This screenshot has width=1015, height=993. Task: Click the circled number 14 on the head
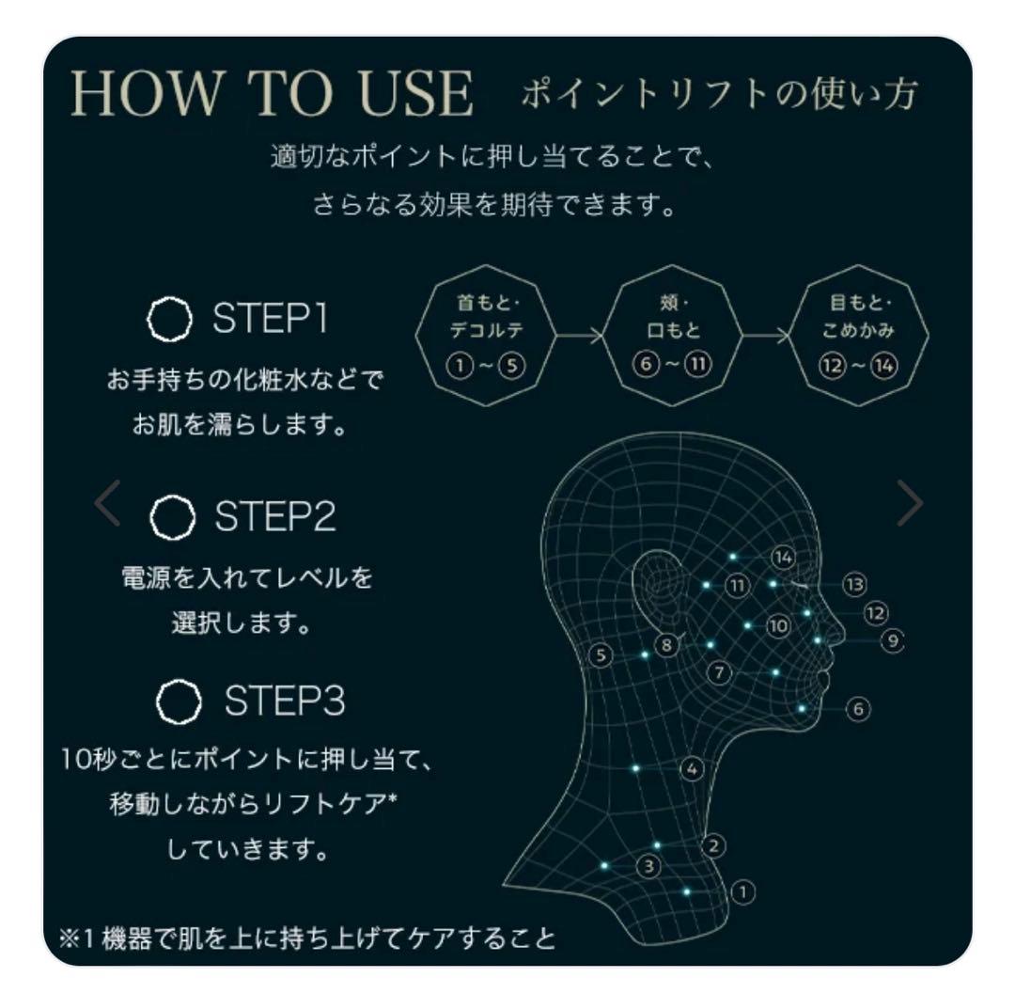coord(783,558)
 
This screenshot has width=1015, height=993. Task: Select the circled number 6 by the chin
coord(857,709)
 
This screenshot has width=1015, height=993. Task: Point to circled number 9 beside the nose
coord(891,641)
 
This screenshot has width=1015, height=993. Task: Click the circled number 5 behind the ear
coord(602,655)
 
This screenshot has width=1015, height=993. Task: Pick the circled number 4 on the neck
coord(692,769)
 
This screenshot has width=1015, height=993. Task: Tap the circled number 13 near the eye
coord(853,585)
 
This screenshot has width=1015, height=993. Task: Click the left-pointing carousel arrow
coord(107,504)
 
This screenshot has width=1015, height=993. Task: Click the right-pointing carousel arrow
coord(909,504)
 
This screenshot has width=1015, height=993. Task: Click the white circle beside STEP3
coord(179,701)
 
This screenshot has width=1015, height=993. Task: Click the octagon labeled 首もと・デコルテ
coord(485,335)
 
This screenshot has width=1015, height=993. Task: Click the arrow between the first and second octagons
coord(580,335)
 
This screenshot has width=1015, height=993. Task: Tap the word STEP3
coord(284,701)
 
